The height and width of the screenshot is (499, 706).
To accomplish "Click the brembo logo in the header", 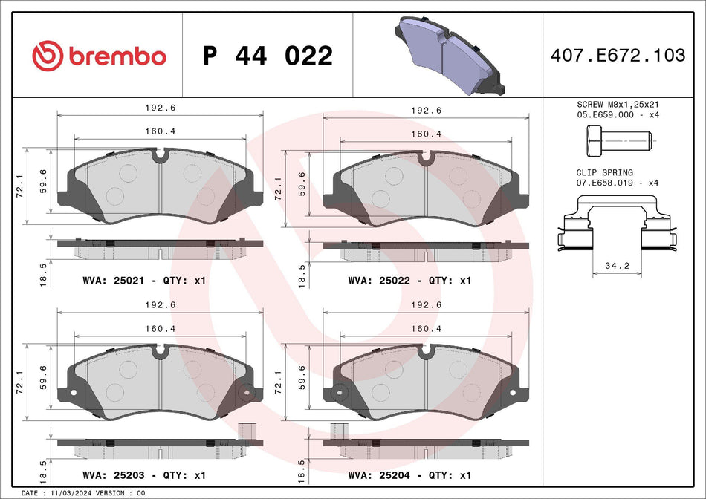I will coord(99,56).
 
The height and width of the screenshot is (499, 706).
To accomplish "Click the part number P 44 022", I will coord(268,56).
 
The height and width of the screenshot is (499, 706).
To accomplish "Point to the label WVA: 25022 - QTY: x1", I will coord(409,281).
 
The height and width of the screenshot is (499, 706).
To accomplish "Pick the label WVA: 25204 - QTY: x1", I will coord(409,474).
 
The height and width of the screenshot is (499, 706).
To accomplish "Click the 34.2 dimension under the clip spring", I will coord(616,265).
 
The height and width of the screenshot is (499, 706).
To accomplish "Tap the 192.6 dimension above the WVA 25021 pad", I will coord(161,108).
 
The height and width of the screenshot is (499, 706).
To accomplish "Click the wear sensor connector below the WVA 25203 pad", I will coord(246,431).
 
